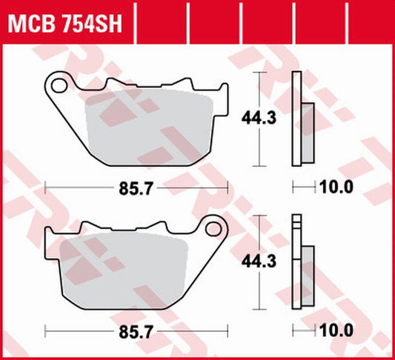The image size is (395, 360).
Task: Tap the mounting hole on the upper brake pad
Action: coord(61,86)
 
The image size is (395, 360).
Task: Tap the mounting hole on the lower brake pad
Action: coord(214,227)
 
